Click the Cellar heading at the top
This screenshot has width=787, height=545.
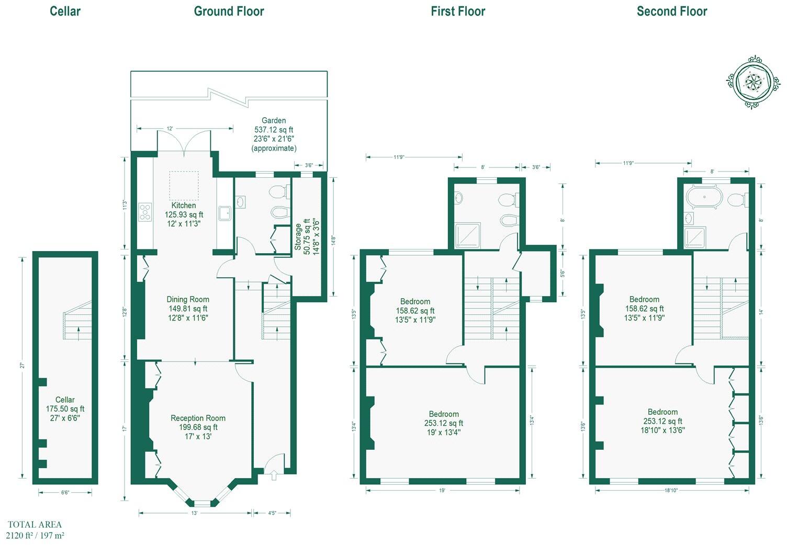[x=65, y=12]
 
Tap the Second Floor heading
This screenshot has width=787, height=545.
[x=671, y=12]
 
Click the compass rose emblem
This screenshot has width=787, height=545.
[x=754, y=82]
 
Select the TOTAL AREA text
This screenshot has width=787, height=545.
[x=35, y=525]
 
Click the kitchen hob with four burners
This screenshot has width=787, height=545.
[x=144, y=212]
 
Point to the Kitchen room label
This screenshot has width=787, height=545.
[x=184, y=206]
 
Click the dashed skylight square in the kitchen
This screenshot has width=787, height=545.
[x=184, y=185]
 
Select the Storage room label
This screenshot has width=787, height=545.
[x=298, y=236]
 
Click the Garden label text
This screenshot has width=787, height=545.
[x=274, y=120]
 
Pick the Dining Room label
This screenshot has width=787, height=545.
[x=188, y=299]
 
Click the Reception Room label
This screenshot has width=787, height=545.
[x=198, y=418]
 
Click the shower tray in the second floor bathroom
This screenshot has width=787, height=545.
[x=695, y=237]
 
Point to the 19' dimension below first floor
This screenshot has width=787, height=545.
[x=442, y=491]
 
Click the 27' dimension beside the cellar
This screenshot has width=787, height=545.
[x=23, y=366]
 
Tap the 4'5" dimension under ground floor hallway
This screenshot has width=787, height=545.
[x=272, y=513]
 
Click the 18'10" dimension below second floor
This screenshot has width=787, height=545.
[x=671, y=491]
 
